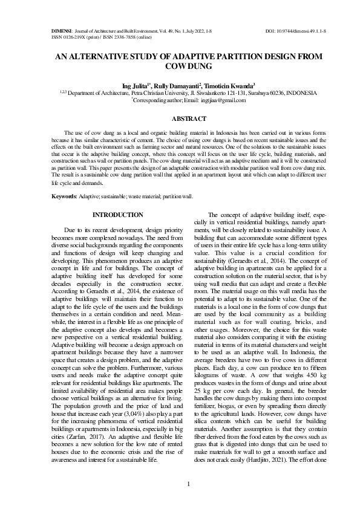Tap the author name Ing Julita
pos(136,86)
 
